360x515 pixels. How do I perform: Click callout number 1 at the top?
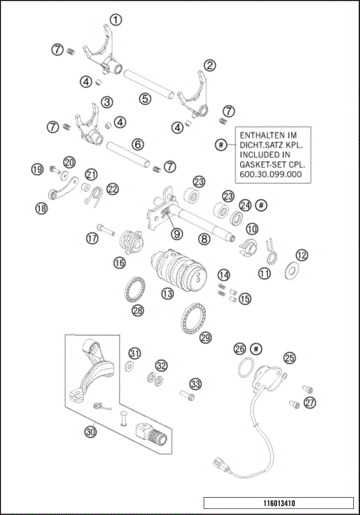pyautogui.click(x=115, y=19)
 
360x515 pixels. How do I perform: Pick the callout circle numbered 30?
pyautogui.click(x=91, y=432)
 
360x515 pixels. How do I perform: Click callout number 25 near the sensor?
pyautogui.click(x=289, y=358)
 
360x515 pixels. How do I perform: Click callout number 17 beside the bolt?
pyautogui.click(x=91, y=239)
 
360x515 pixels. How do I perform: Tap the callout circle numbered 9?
pyautogui.click(x=176, y=233)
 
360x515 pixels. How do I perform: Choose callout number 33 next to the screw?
pyautogui.click(x=195, y=383)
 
